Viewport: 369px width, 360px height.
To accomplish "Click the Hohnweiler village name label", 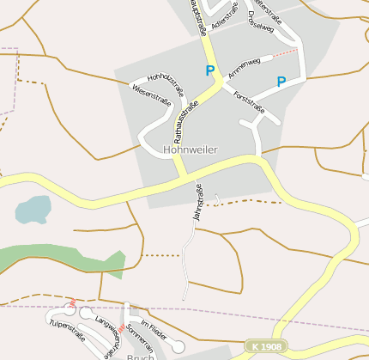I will pyautogui.click(x=190, y=149).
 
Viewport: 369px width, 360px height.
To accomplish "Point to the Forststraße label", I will pyautogui.click(x=249, y=103).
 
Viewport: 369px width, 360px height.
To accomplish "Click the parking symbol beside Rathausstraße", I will pyautogui.click(x=210, y=70).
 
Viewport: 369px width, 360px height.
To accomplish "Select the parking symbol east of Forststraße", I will pyautogui.click(x=281, y=82).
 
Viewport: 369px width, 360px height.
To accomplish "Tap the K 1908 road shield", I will pyautogui.click(x=266, y=346).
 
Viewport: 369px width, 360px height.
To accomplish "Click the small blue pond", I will pyautogui.click(x=33, y=209).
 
